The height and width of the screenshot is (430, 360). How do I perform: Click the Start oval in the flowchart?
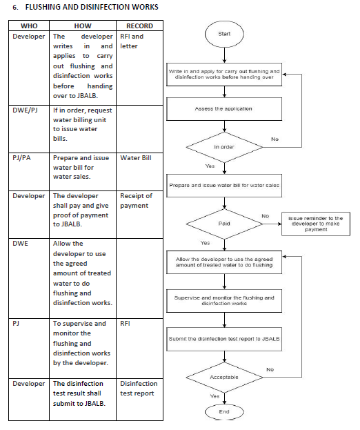(224, 34)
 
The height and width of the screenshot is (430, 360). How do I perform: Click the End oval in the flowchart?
(224, 411)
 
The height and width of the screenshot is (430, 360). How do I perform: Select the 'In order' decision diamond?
(224, 147)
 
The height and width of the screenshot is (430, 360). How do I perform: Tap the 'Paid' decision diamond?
(224, 224)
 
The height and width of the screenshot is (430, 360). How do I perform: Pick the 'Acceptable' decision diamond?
(224, 378)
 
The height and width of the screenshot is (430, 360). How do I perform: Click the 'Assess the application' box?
(224, 109)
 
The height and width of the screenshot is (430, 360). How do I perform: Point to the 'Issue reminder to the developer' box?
(316, 224)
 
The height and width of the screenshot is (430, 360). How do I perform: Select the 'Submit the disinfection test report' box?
(224, 339)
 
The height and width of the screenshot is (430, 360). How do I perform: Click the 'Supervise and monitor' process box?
(224, 300)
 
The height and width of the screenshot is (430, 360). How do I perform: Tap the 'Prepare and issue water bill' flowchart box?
(224, 186)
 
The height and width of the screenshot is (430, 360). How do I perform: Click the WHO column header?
(29, 26)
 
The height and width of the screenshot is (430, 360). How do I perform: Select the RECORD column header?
(139, 26)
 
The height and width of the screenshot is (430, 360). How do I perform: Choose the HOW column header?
(83, 26)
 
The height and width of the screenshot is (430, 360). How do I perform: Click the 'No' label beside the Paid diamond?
(266, 216)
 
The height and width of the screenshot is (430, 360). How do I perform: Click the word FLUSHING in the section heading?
(43, 7)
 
